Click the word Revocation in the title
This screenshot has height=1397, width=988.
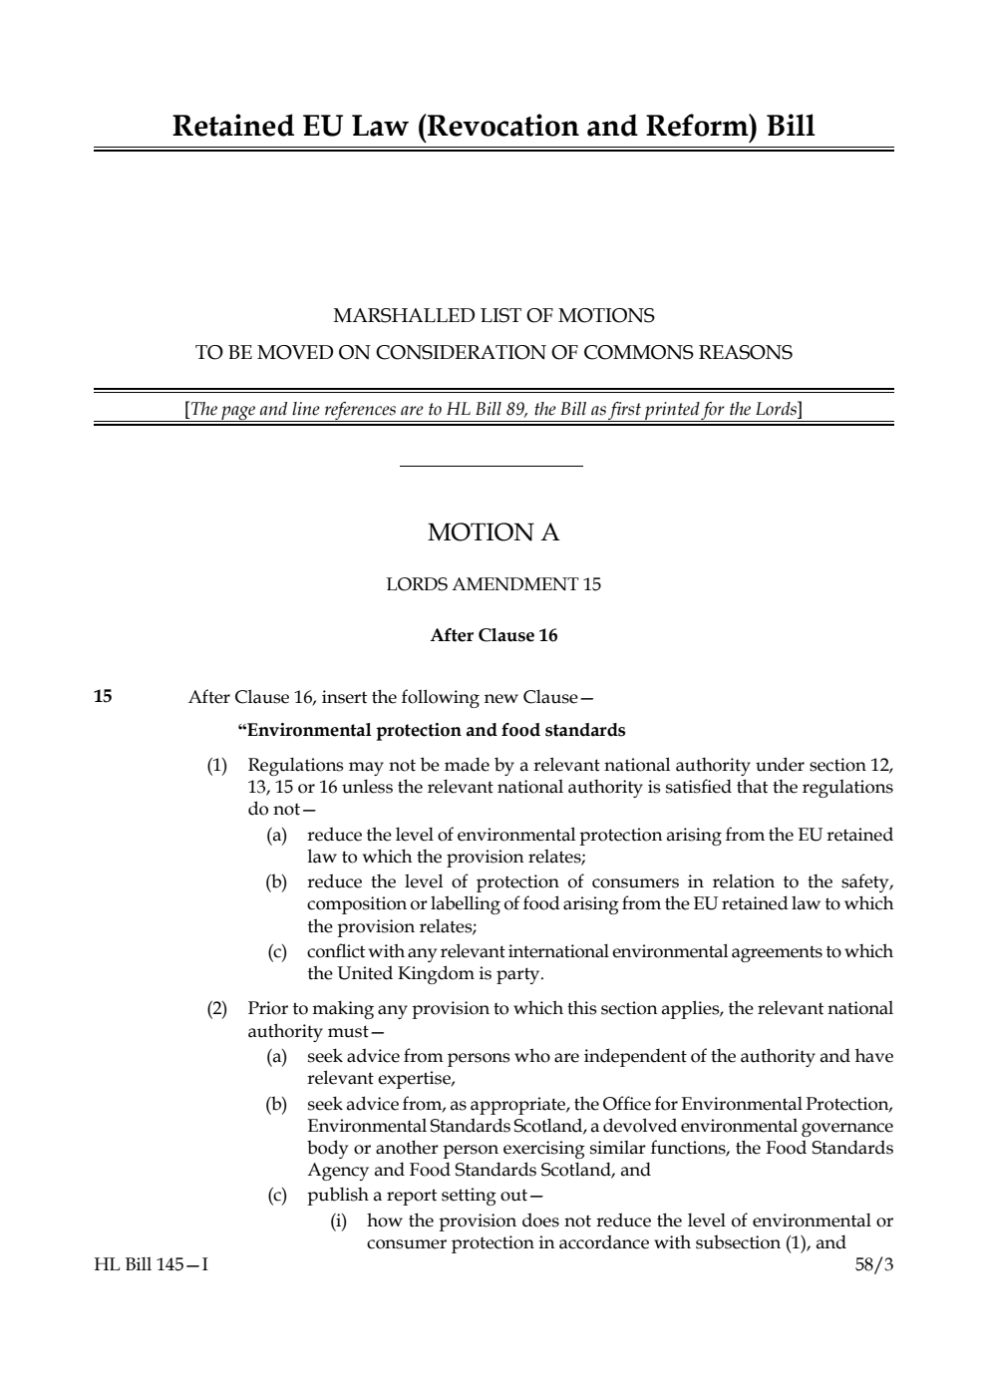[508, 127]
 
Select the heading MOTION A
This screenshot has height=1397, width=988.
[494, 532]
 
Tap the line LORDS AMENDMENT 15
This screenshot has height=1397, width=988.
[494, 584]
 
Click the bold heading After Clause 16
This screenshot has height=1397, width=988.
[494, 635]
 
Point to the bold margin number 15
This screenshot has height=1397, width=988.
[103, 696]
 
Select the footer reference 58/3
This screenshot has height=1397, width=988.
[874, 1265]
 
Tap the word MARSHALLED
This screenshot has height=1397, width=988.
[396, 316]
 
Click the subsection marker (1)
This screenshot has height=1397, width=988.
[217, 765]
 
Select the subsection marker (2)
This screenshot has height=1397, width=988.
[217, 1008]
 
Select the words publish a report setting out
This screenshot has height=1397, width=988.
[424, 1195]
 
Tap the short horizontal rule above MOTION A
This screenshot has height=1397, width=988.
[491, 466]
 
